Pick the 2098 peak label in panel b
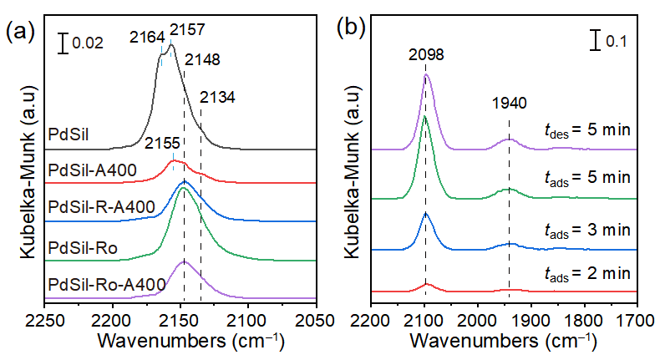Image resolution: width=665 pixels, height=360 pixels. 426,55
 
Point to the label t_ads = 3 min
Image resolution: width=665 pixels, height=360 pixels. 583,230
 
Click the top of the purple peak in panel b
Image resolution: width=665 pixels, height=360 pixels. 427,74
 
